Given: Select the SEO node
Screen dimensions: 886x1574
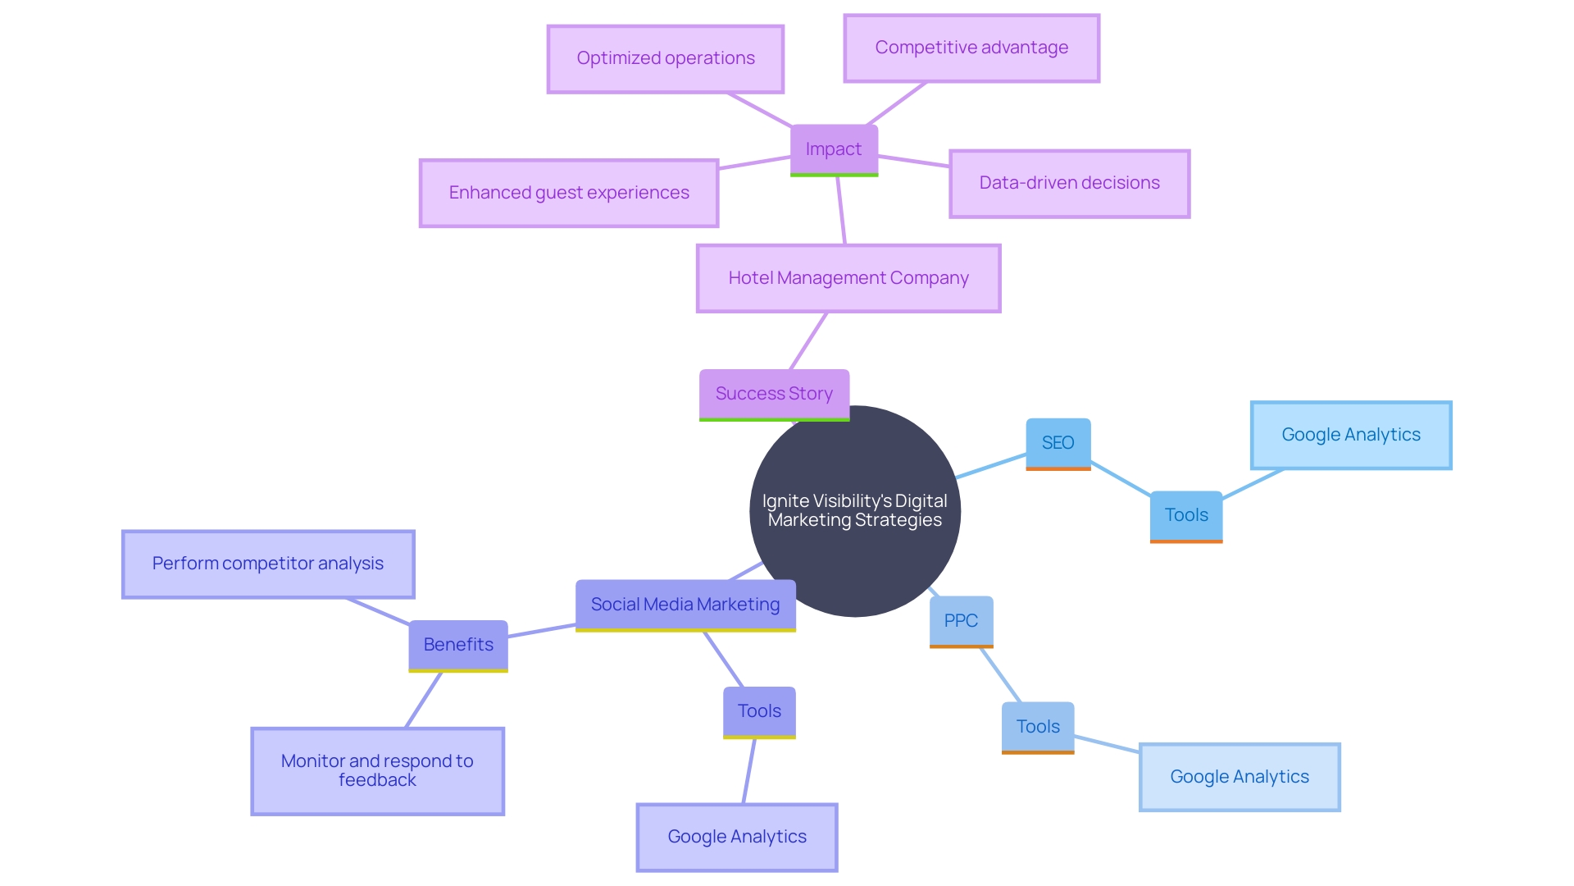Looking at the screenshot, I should [x=1058, y=443].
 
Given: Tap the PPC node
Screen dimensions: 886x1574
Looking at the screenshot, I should [x=961, y=621].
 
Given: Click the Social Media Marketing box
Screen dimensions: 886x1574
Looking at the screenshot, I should [x=685, y=605].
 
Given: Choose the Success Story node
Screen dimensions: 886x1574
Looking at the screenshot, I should [x=774, y=394].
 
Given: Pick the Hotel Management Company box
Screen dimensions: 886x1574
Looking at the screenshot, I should [x=848, y=278].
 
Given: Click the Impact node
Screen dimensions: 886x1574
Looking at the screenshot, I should [x=834, y=149].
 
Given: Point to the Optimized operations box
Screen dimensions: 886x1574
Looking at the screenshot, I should [x=666, y=58].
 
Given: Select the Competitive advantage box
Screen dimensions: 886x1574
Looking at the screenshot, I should [x=971, y=48].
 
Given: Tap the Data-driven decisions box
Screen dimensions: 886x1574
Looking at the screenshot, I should [x=1069, y=183].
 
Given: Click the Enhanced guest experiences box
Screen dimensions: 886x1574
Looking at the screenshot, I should [x=569, y=193].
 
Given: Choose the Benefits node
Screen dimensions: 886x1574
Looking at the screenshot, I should [x=458, y=645].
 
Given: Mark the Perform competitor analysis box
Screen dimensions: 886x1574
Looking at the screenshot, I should [x=268, y=564].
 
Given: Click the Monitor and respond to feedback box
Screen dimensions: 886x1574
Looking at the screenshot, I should [x=377, y=770].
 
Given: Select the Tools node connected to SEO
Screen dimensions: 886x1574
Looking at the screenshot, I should [x=1186, y=515].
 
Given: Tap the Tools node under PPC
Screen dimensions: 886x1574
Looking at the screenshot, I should [x=1038, y=727].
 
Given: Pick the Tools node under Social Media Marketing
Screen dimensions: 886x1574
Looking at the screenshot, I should [x=759, y=711].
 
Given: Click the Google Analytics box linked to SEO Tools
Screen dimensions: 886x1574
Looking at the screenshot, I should [x=1351, y=435].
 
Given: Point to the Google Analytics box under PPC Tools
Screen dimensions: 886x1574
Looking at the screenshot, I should [x=1240, y=777].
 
